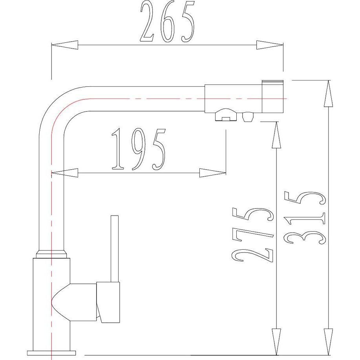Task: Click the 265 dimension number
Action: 167,22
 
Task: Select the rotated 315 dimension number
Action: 305,218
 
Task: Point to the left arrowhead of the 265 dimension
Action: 65,45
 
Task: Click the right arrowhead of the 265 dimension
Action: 270,45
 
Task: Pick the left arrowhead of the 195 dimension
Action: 65,173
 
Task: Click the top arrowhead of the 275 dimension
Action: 276,135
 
